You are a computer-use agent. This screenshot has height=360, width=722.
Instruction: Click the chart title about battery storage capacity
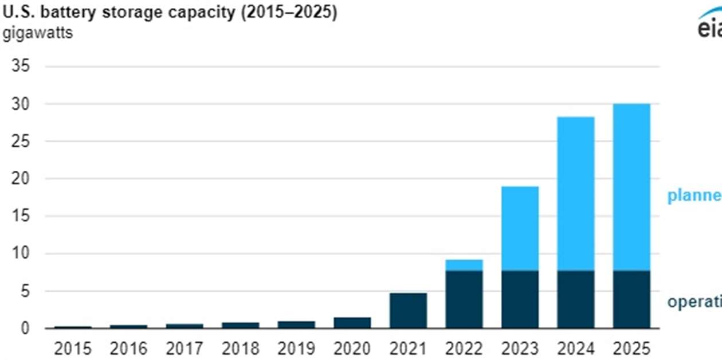point(170,13)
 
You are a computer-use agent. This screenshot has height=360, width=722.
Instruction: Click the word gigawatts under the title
point(38,33)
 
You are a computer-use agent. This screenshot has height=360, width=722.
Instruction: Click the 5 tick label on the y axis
point(25,291)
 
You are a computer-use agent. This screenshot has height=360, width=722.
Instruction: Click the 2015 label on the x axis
point(73,348)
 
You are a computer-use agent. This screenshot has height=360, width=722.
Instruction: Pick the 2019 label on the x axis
point(296,348)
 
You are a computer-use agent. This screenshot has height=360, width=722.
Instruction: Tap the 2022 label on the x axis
point(464,348)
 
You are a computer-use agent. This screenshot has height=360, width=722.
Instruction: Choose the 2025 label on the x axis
point(631,348)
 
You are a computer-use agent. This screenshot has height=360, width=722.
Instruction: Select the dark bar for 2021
point(408,311)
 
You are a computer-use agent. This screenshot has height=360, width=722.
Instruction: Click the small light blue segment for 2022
point(464,265)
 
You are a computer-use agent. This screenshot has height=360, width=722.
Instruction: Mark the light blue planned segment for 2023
point(520,228)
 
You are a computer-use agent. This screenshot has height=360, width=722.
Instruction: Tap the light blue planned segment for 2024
point(575,194)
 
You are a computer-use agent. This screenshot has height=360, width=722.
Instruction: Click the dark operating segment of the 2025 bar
point(631,299)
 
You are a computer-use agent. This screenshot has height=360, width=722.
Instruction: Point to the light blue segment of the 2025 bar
point(631,187)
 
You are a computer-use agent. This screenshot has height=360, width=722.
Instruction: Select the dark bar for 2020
point(352,323)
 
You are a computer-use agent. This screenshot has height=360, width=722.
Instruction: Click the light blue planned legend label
point(694,196)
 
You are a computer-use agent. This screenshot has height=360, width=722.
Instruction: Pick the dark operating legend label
point(694,302)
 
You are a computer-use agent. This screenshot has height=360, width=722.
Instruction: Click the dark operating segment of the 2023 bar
point(520,299)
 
